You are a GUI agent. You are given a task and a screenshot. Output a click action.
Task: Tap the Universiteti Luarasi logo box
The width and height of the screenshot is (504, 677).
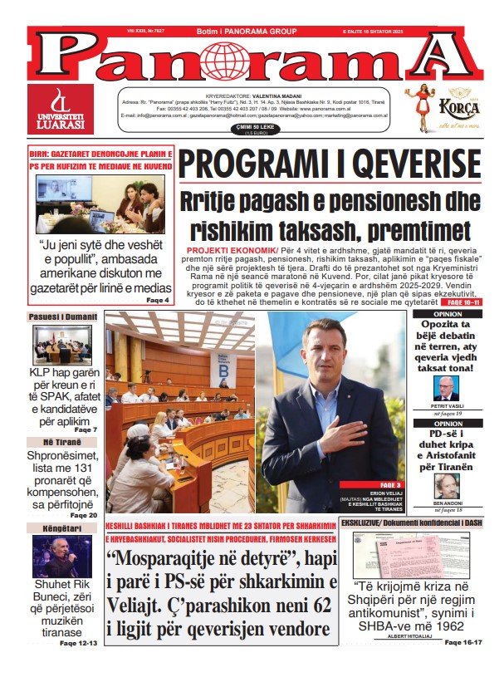point(61,109)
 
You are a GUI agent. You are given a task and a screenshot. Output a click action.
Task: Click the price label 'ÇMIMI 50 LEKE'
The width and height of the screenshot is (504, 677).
point(256,129)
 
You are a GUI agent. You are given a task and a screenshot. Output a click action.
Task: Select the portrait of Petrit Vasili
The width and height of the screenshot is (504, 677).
point(446,388)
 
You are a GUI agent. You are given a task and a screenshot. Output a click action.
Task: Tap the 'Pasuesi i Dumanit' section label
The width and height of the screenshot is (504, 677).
point(63,316)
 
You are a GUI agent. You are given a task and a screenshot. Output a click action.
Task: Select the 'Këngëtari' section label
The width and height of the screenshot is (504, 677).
point(63,528)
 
